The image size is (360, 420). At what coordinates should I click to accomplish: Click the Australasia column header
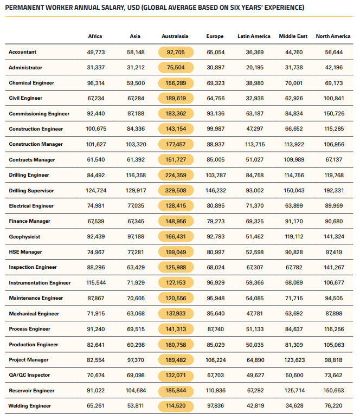[175, 36]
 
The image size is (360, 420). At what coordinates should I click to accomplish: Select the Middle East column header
[293, 36]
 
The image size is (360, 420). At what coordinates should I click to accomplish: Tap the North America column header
[333, 36]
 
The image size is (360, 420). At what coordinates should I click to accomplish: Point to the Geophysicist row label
[25, 237]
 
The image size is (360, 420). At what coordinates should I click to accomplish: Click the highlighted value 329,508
[175, 191]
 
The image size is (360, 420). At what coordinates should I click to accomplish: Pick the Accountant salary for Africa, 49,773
[95, 52]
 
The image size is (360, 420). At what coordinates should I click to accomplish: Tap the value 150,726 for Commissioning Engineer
[333, 114]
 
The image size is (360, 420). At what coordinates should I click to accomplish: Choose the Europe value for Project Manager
[215, 360]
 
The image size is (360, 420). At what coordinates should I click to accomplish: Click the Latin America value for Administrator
[254, 68]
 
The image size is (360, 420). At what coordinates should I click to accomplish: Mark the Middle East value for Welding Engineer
[293, 406]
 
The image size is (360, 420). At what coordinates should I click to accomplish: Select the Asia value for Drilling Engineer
[135, 175]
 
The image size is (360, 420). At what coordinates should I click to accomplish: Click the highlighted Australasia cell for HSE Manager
[175, 253]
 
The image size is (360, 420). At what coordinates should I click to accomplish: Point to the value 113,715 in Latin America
[254, 145]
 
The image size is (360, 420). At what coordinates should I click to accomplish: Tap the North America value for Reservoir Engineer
[333, 391]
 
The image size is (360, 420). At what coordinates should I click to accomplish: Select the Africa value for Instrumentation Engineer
[95, 283]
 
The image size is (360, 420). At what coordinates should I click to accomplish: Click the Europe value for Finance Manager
[215, 222]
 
